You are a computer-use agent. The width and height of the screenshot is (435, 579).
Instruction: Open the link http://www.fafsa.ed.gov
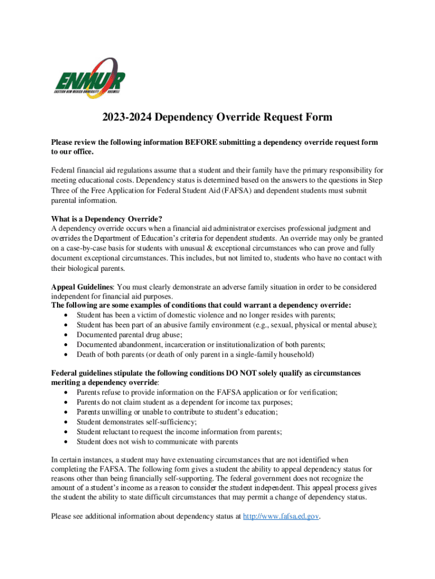[281, 516]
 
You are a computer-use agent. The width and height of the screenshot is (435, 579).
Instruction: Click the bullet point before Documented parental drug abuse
[68, 335]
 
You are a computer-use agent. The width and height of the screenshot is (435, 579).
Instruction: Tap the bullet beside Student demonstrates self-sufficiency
[68, 422]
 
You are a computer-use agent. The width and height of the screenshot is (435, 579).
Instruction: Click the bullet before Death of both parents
[68, 355]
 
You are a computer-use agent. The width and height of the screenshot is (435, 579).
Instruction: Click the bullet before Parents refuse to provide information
[68, 392]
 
